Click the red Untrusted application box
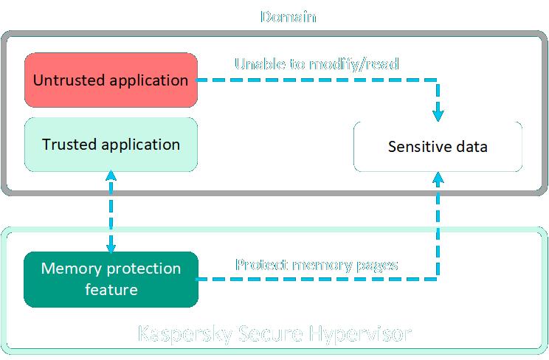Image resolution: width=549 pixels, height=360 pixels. click(111, 80)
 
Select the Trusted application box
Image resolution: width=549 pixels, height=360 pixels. click(111, 144)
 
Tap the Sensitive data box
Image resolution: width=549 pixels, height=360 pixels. click(438, 147)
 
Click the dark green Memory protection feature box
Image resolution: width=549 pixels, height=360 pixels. click(111, 279)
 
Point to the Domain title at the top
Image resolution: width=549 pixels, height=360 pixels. click(289, 15)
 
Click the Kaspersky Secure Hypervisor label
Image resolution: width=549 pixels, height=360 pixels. click(274, 333)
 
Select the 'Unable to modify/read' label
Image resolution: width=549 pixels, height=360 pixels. click(317, 63)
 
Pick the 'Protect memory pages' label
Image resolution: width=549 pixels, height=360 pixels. click(317, 264)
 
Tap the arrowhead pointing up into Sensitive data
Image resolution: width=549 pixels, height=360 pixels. click(439, 178)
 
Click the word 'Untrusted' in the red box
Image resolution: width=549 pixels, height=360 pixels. click(66, 80)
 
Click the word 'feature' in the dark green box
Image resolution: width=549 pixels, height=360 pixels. click(111, 289)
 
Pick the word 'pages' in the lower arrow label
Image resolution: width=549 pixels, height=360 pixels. click(376, 264)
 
